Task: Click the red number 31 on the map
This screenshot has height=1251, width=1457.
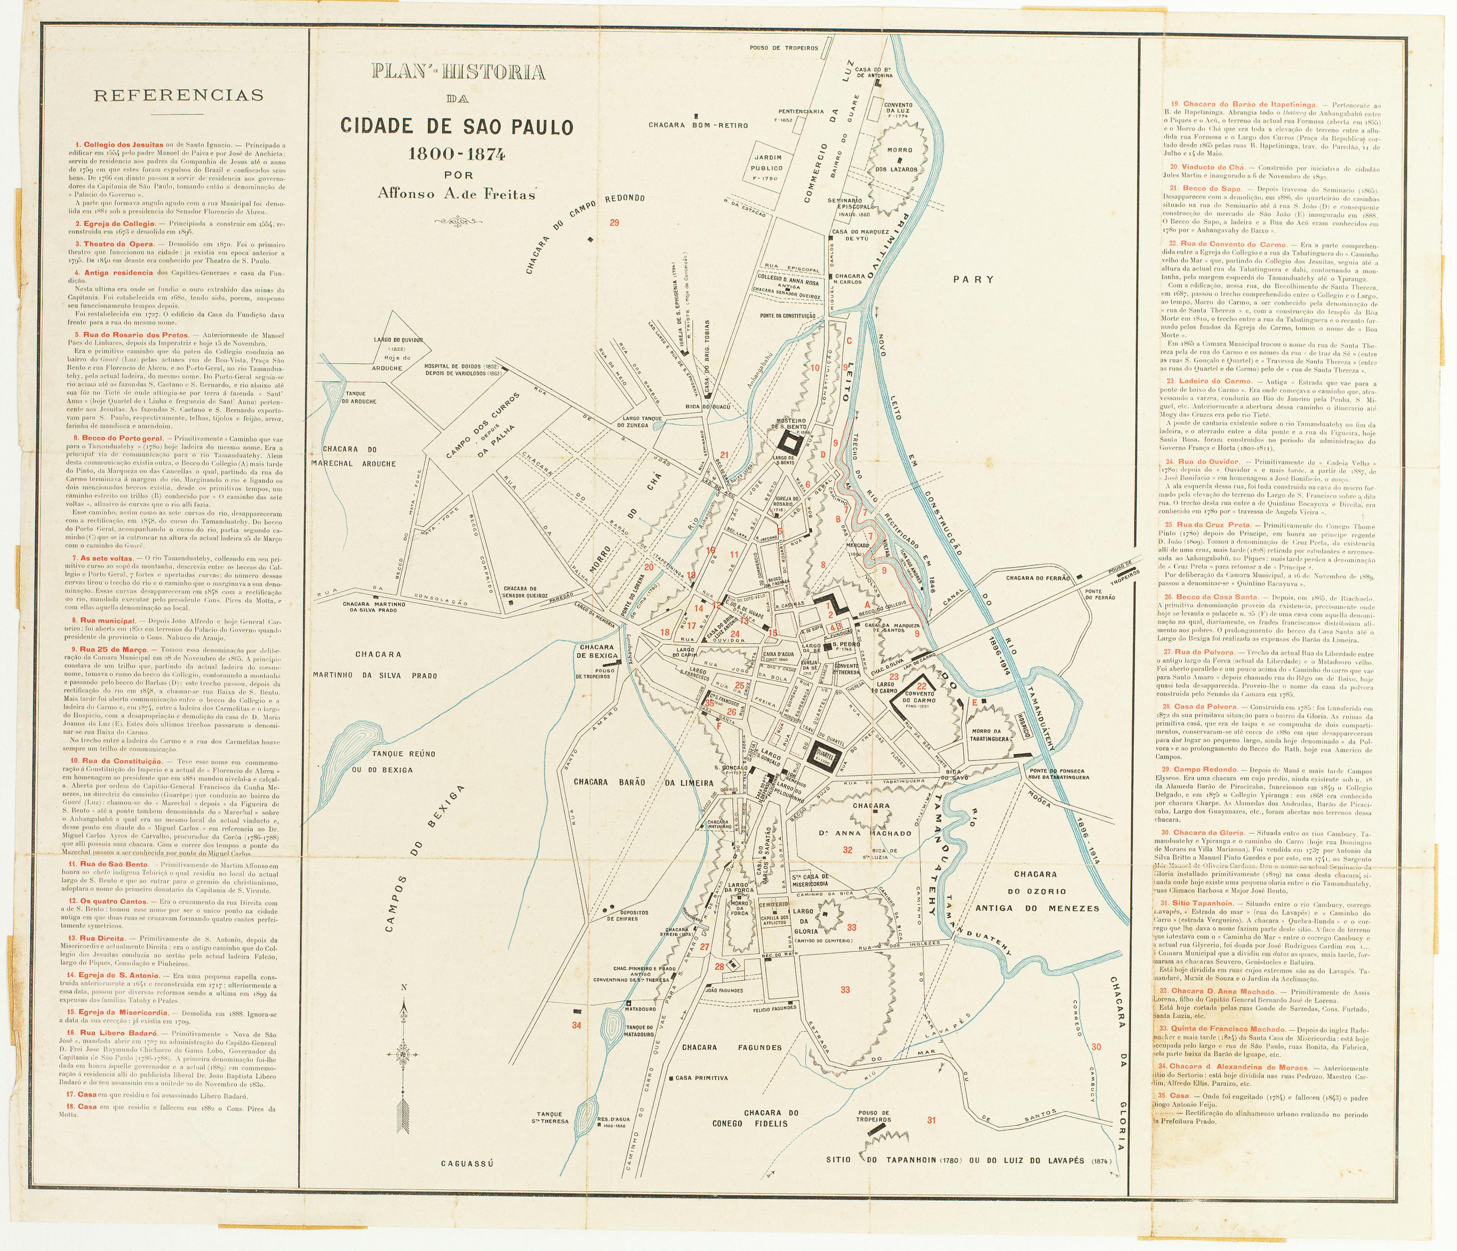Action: click(x=932, y=1140)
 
